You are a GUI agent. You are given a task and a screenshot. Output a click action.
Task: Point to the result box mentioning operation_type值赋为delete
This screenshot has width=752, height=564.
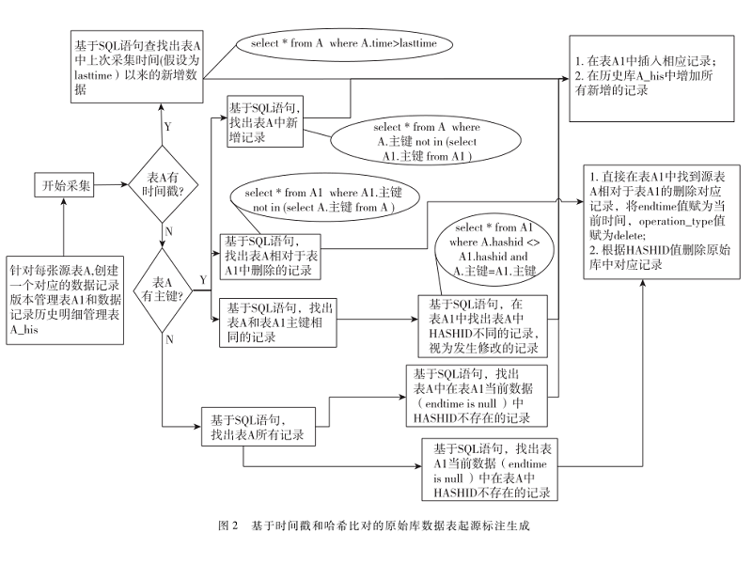656,219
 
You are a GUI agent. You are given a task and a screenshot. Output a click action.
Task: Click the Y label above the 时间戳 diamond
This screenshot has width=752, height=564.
167,125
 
